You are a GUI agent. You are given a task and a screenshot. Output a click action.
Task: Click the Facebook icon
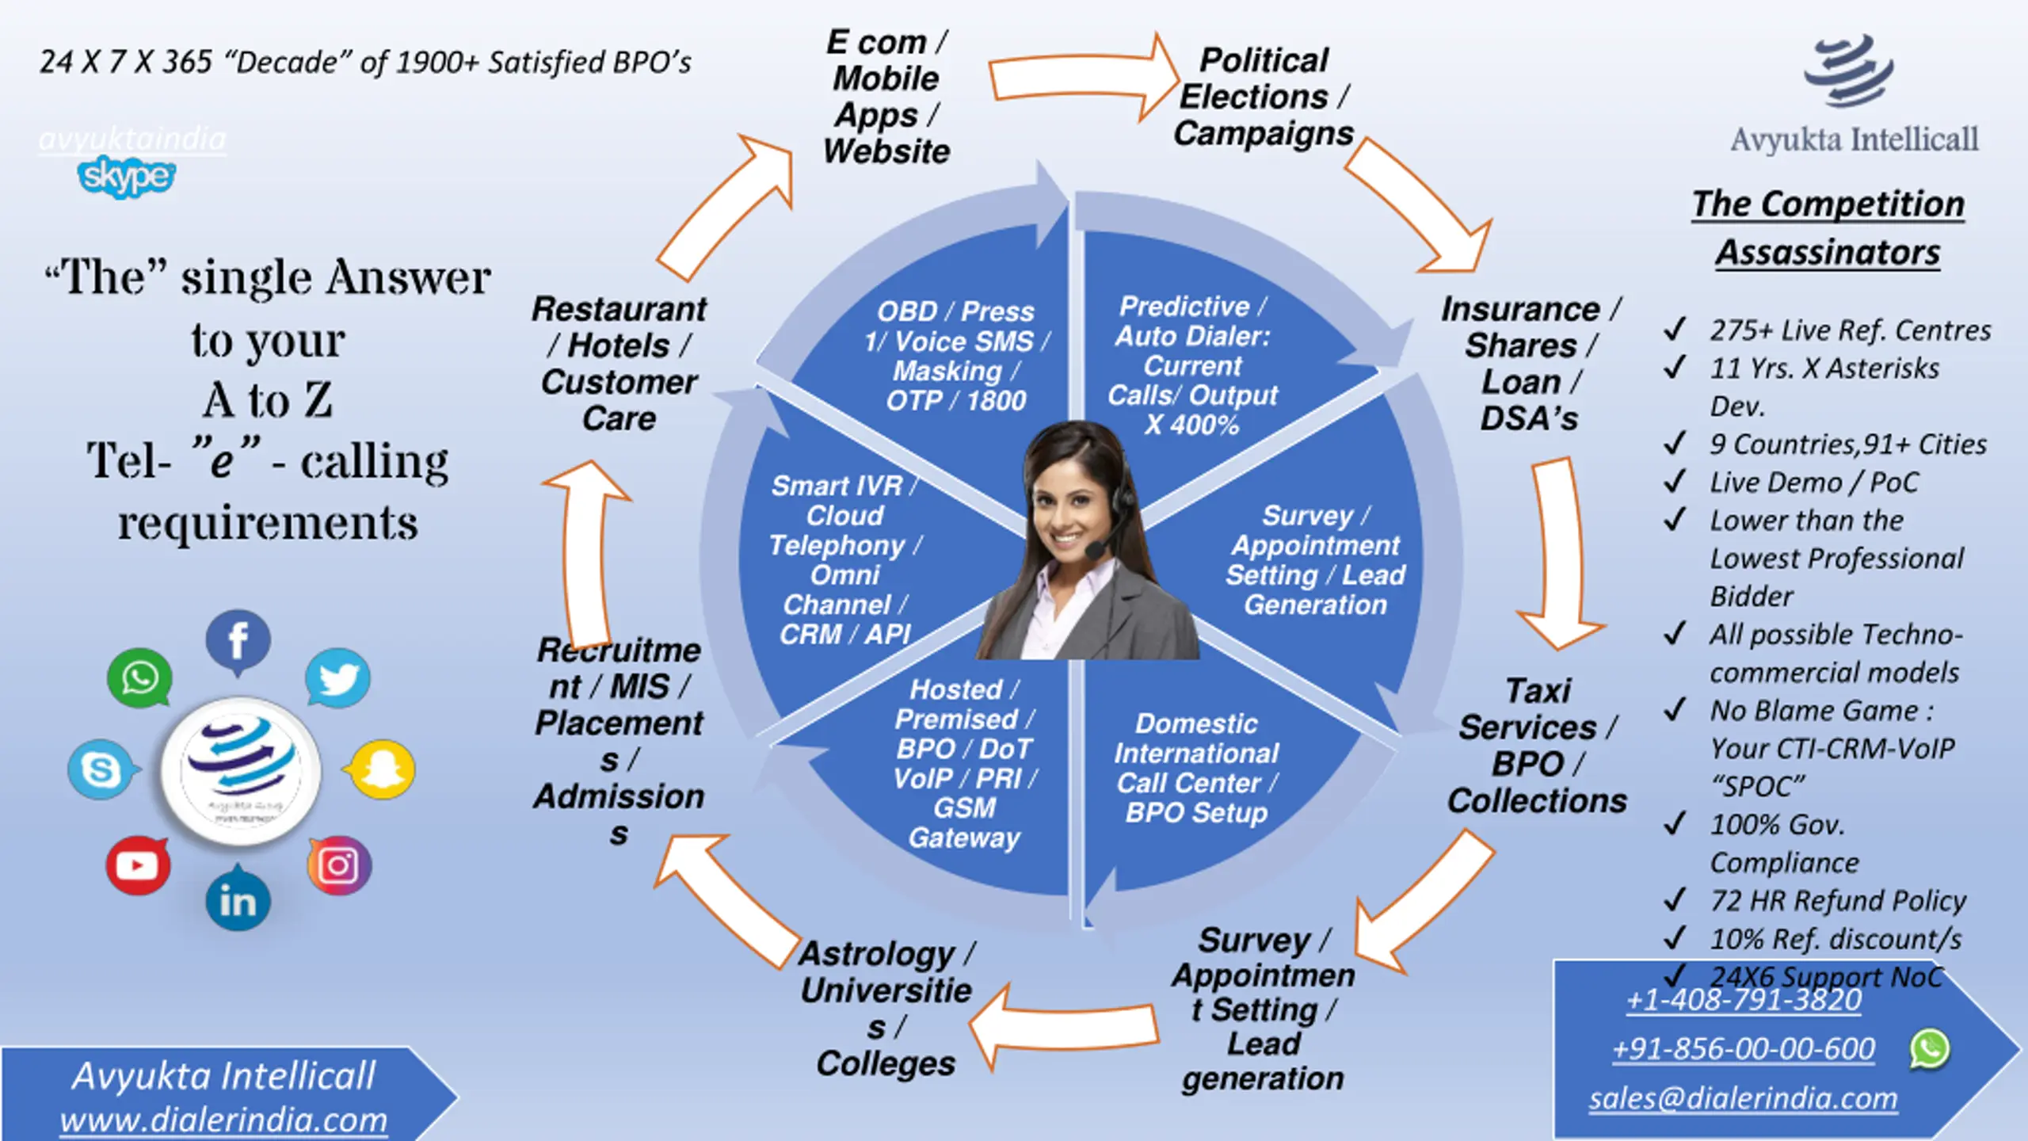(x=238, y=640)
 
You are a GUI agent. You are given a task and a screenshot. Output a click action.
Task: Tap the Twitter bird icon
(x=338, y=678)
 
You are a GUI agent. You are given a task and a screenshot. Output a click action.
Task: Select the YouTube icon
(x=138, y=864)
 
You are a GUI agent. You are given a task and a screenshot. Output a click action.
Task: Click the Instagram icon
(x=339, y=864)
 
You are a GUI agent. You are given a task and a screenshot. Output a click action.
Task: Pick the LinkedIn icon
(x=238, y=901)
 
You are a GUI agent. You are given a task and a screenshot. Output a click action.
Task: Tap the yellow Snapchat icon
(x=382, y=769)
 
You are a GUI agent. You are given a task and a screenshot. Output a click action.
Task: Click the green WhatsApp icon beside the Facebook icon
(x=139, y=678)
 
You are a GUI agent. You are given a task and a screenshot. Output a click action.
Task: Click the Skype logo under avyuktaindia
(x=127, y=176)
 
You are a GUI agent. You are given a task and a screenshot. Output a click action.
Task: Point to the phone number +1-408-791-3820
(x=1744, y=1000)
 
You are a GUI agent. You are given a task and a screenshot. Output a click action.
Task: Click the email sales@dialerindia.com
(x=1743, y=1098)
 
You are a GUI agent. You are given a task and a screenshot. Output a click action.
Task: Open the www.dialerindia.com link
(x=223, y=1120)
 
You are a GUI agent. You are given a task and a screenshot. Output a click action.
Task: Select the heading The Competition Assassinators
(x=1828, y=228)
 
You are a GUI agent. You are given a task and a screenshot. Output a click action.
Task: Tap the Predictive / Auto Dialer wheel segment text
(x=1192, y=365)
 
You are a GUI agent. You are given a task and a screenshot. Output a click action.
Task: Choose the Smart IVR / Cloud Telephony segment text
(x=844, y=559)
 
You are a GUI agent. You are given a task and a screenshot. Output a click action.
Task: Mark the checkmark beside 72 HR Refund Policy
(x=1675, y=900)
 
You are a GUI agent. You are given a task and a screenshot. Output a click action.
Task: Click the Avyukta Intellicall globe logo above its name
(x=1849, y=71)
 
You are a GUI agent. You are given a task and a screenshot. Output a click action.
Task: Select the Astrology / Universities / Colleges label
(x=886, y=1008)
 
